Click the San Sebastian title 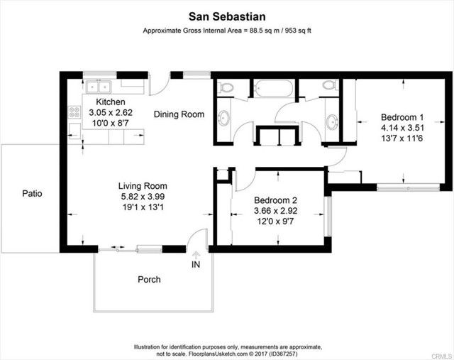[227, 16]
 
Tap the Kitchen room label [111, 102]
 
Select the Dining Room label [179, 114]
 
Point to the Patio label [32, 193]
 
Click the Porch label [149, 280]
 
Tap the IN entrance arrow [196, 255]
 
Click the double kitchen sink [99, 87]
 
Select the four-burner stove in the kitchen [74, 112]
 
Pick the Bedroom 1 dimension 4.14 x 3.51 [402, 128]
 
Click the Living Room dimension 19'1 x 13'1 [143, 207]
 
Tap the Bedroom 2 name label [276, 200]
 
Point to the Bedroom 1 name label [402, 117]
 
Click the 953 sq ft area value [298, 31]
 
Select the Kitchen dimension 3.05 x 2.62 [111, 112]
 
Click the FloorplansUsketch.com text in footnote [218, 354]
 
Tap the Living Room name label [143, 186]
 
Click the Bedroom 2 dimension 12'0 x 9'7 [276, 222]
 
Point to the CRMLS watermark [442, 356]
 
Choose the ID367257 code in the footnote [284, 354]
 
